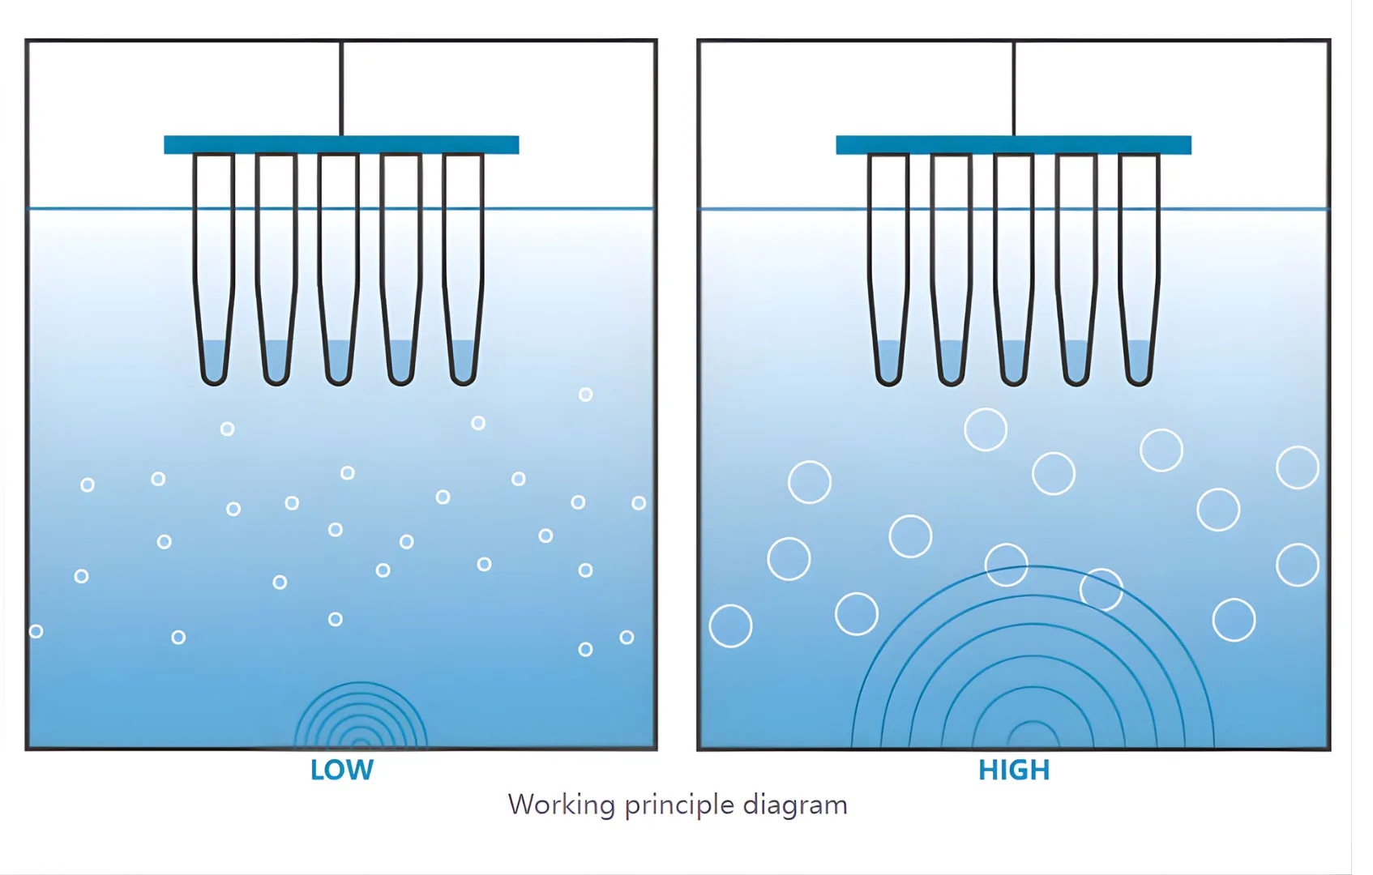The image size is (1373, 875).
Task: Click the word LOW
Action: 341,770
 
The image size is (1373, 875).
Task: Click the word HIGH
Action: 1013,770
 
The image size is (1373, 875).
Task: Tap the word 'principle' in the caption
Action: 678,805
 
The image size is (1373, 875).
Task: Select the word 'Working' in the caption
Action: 562,805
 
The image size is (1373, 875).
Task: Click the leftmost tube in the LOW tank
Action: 214,267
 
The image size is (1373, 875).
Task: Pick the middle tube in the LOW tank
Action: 339,267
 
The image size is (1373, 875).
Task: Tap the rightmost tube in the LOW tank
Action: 464,267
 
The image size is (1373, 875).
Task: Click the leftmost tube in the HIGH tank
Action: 889,267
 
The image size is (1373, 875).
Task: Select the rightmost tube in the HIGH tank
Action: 1139,267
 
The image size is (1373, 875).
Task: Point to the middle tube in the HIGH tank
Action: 1014,267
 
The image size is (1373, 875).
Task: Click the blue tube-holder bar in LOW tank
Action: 341,145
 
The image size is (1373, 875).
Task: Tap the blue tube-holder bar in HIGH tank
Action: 1013,145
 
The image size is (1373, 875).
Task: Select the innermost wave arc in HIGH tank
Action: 1033,734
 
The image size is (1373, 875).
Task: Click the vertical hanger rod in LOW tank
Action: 341,89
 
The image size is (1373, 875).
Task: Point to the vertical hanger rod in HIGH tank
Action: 1013,89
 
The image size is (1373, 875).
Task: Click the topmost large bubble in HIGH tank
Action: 986,429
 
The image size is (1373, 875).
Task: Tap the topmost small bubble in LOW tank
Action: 585,395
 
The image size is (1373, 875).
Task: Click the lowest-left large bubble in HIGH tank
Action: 730,626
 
